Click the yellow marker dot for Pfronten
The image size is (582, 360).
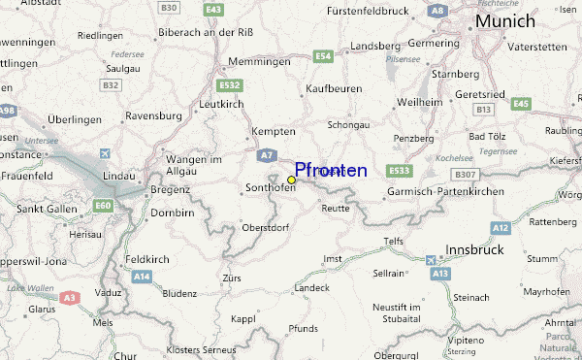tap(291, 180)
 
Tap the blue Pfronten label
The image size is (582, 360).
tap(331, 171)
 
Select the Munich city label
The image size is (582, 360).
tap(503, 20)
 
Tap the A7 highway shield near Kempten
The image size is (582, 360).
tap(266, 154)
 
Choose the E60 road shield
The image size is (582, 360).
tap(103, 205)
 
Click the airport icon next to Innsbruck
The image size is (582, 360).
tap(432, 260)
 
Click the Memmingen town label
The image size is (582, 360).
tap(259, 61)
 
